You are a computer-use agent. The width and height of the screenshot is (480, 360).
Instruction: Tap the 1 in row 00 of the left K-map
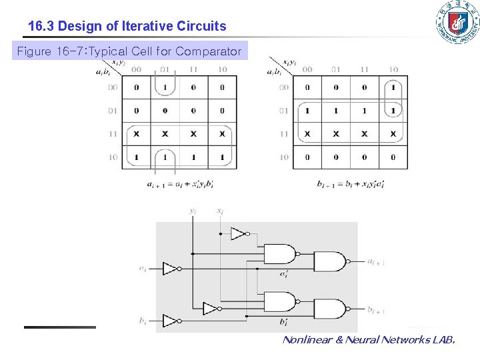click(x=165, y=87)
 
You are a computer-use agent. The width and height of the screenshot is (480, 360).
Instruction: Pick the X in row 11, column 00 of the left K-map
click(x=137, y=134)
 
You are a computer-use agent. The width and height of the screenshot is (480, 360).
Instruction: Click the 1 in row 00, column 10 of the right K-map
click(x=393, y=87)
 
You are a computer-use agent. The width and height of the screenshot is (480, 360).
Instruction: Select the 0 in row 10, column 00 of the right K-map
click(x=307, y=157)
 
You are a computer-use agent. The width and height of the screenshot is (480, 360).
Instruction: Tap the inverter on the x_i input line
click(x=239, y=233)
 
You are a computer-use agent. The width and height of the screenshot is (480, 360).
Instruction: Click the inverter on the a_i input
click(x=171, y=269)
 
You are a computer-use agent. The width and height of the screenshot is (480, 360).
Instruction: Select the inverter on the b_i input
click(x=171, y=321)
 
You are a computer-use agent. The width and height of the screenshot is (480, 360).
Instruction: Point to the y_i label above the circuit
click(x=193, y=211)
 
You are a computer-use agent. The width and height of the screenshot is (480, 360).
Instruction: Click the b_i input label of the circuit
click(x=143, y=321)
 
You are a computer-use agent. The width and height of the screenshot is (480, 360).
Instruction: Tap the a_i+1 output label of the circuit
click(x=375, y=262)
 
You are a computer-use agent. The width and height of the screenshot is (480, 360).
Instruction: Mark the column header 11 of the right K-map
click(x=365, y=69)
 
